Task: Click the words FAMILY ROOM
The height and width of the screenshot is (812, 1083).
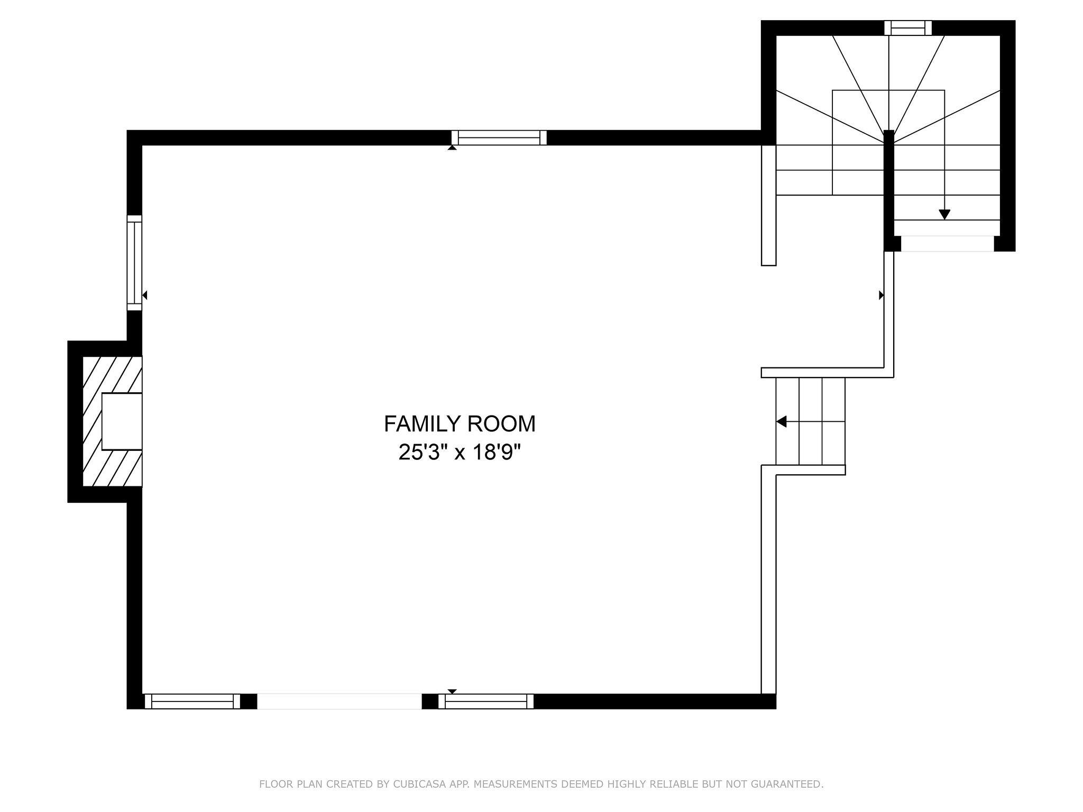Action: pos(459,424)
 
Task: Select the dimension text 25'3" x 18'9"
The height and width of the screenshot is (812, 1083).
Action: pos(459,453)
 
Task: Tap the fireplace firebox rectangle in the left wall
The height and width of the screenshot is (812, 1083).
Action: pos(122,421)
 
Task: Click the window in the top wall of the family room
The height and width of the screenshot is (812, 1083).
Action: pos(499,137)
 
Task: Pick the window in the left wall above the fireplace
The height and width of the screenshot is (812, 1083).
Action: pos(134,263)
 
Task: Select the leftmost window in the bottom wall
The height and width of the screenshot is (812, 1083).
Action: pos(192,701)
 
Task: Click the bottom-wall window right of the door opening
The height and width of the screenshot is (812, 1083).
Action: pos(486,701)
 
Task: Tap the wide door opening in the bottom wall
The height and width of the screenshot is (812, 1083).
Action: pos(339,701)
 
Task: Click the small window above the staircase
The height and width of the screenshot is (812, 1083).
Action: pos(907,27)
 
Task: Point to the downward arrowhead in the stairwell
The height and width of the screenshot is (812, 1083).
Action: pos(944,215)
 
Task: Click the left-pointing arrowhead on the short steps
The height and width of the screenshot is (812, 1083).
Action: pos(781,421)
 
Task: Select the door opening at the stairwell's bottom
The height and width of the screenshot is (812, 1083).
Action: pos(947,243)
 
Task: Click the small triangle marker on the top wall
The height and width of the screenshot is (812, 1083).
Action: pos(452,148)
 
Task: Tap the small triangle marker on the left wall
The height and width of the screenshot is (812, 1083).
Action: pos(144,296)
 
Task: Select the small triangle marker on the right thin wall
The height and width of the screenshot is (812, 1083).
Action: pos(881,296)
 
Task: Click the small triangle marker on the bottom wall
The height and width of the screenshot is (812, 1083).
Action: pos(452,691)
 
